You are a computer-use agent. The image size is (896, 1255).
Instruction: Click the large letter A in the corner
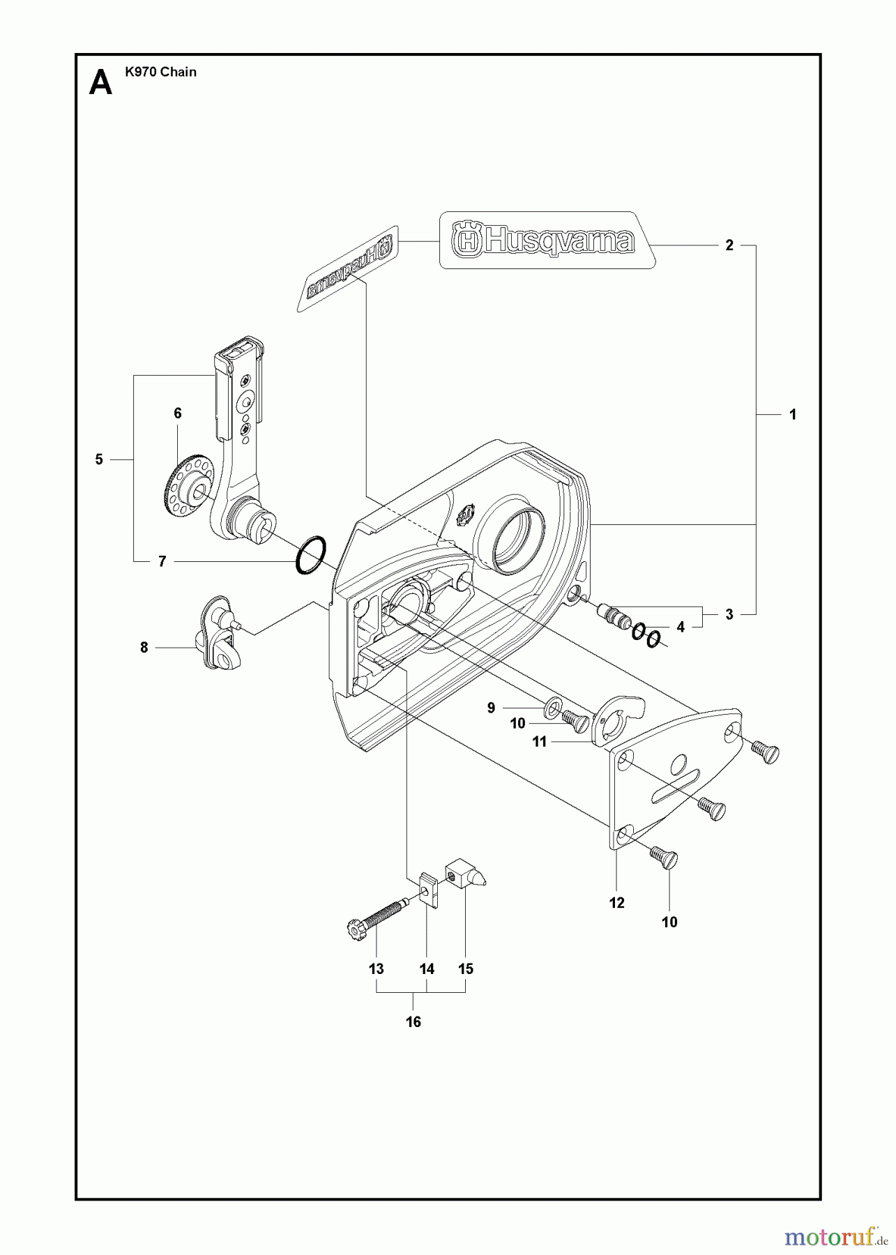101,84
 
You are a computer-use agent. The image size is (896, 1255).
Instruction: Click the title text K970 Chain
160,72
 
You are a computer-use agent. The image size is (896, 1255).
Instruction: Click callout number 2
729,245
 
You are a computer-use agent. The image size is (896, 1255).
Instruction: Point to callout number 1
792,414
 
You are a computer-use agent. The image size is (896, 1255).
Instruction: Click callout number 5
99,459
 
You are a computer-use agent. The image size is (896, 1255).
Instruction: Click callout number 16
413,1022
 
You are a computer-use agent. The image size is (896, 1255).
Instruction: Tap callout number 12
616,904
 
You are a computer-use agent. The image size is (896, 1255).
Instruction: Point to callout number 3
729,614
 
